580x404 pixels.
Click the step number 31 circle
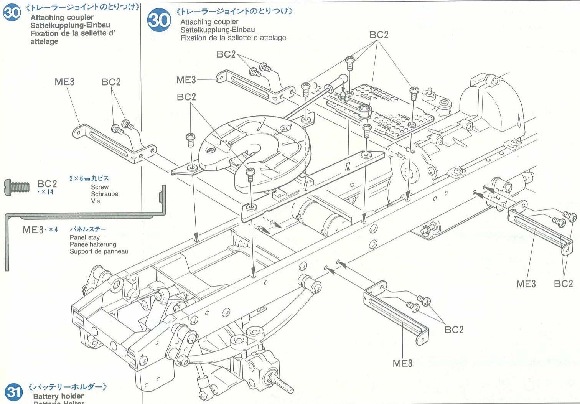(x=13, y=392)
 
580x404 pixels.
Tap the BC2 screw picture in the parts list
(x=17, y=187)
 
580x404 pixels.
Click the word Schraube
(x=104, y=194)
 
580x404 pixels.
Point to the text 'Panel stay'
(x=84, y=237)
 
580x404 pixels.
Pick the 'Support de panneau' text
(x=99, y=252)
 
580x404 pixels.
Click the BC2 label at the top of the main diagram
(x=379, y=35)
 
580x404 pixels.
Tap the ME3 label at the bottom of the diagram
(x=402, y=363)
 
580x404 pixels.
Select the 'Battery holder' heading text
(x=58, y=396)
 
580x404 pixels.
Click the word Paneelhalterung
(x=93, y=244)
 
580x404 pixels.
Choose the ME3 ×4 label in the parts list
(x=40, y=230)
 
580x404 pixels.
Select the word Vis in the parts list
(x=95, y=201)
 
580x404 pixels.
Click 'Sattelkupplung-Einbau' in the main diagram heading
(x=217, y=30)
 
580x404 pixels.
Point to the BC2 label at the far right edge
(x=563, y=284)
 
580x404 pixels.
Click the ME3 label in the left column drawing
(x=64, y=82)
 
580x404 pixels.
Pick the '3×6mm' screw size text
(x=80, y=178)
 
